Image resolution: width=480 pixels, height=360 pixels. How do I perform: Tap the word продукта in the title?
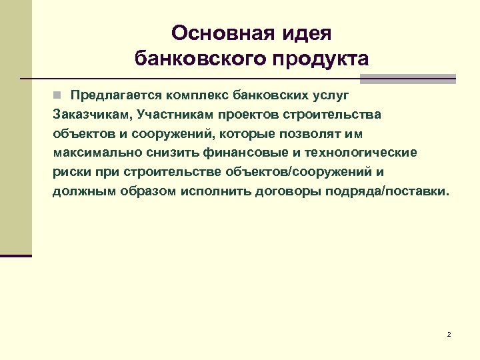319,59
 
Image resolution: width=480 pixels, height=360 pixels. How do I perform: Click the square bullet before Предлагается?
58,95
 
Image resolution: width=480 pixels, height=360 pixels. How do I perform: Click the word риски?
70,172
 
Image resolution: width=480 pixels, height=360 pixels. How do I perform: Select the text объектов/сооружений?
298,172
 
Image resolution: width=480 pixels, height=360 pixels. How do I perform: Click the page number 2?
449,334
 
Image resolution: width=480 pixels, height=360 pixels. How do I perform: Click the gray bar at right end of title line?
408,79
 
